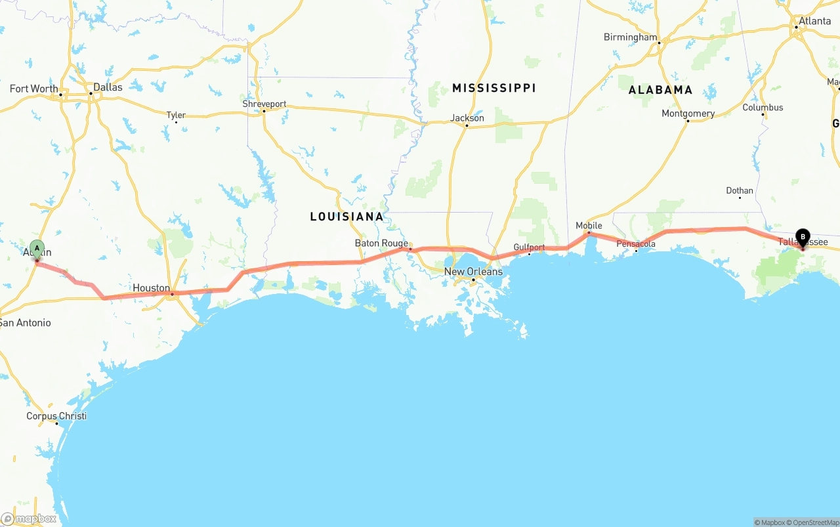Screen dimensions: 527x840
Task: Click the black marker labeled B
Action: pos(803,238)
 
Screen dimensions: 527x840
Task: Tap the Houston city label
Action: pos(151,288)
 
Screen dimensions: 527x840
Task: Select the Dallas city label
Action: pos(108,87)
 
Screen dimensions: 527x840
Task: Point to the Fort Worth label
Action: pos(33,89)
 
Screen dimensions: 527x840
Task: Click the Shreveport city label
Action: pos(264,104)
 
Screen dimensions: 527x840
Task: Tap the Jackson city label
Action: pos(467,118)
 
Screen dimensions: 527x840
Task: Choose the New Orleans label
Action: pos(473,272)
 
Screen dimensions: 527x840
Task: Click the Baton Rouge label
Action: pos(381,243)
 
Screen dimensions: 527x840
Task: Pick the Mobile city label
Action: pos(589,226)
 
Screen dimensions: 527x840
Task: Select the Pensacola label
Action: pos(636,244)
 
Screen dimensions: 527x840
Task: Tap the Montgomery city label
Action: pos(688,114)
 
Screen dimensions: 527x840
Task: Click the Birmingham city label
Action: pos(630,37)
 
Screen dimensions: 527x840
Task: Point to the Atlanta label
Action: pos(814,21)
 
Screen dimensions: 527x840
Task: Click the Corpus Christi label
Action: pos(56,416)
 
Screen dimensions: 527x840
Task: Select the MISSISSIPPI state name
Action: pos(493,88)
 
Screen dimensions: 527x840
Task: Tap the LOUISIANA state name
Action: pos(346,217)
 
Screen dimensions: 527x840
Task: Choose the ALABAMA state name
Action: pos(660,90)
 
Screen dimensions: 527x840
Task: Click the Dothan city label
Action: pos(740,191)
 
